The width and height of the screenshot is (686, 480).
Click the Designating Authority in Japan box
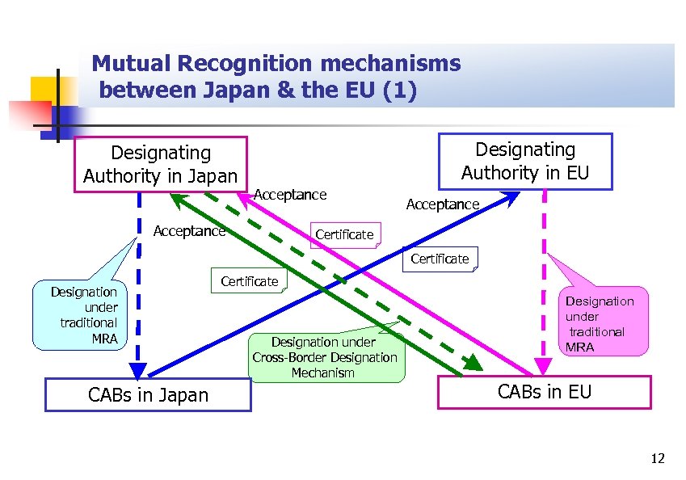pyautogui.click(x=160, y=164)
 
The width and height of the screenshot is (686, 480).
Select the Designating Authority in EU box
pyautogui.click(x=524, y=161)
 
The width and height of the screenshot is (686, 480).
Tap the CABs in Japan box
pyautogui.click(x=148, y=394)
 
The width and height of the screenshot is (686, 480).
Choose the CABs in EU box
pyautogui.click(x=544, y=392)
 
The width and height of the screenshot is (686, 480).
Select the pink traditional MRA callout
pyautogui.click(x=599, y=323)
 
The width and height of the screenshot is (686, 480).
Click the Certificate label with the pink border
pyautogui.click(x=344, y=234)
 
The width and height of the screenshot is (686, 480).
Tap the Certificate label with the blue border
pyautogui.click(x=440, y=259)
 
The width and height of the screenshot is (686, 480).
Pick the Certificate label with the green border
pyautogui.click(x=249, y=281)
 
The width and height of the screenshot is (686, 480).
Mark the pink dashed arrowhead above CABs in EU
pyautogui.click(x=545, y=368)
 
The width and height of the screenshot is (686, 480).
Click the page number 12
pyautogui.click(x=657, y=459)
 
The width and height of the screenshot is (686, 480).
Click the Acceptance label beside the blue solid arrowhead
pyautogui.click(x=442, y=204)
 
